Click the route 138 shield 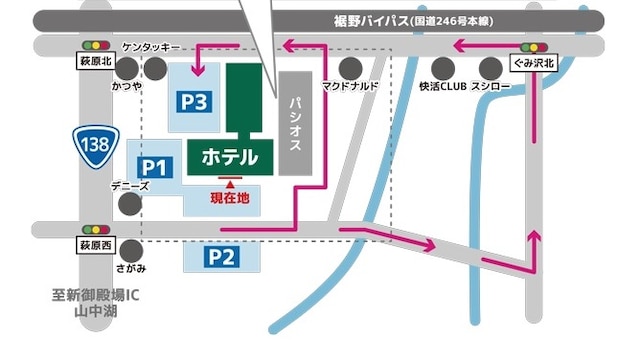click(96, 143)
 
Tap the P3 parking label click(194, 101)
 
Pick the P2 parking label click(221, 257)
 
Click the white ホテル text click(230, 157)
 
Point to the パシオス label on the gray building click(296, 123)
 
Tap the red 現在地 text click(230, 198)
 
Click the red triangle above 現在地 click(230, 184)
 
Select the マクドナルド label click(350, 87)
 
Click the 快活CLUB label click(443, 87)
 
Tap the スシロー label click(490, 87)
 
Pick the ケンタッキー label click(151, 47)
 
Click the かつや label click(127, 87)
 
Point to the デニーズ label click(130, 186)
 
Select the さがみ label click(130, 269)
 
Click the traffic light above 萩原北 click(97, 45)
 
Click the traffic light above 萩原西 click(97, 229)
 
